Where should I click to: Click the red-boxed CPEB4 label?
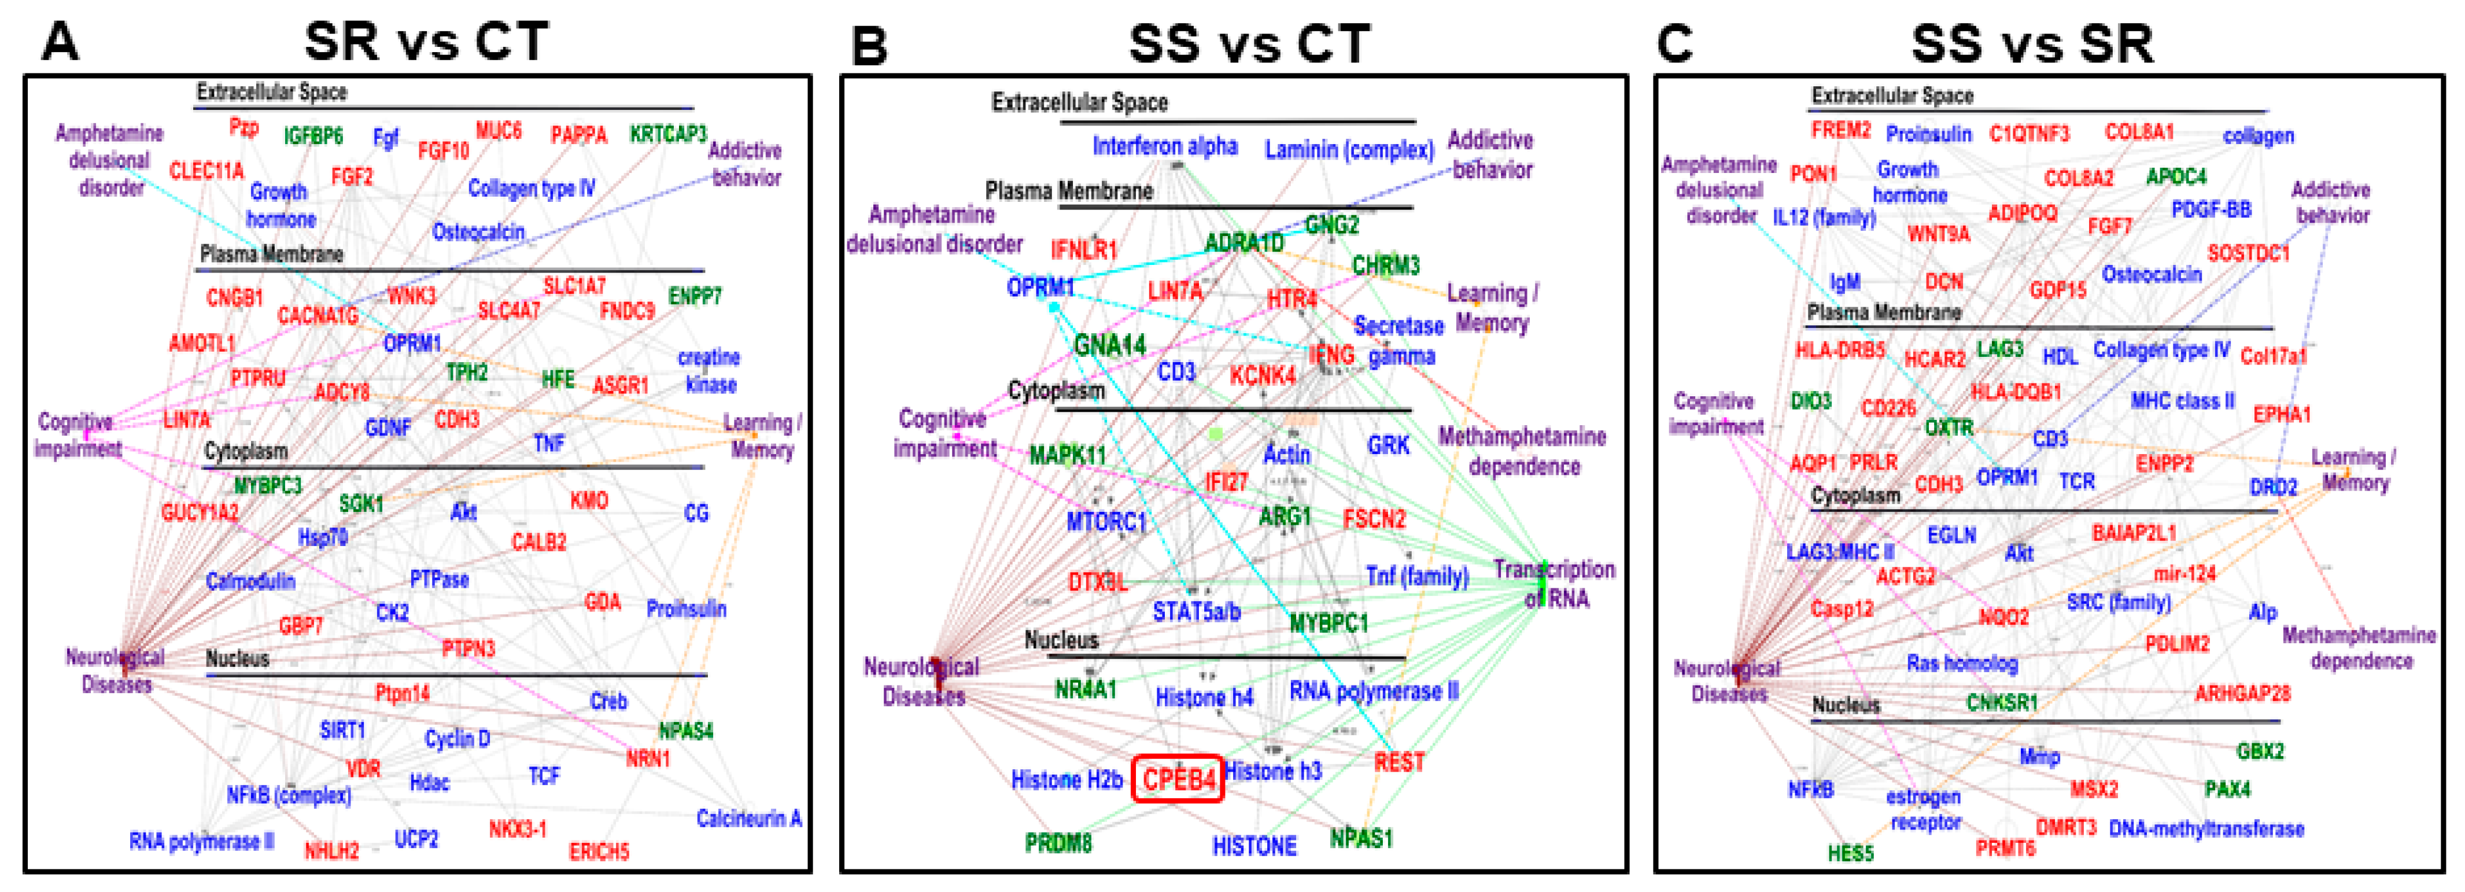pyautogui.click(x=1178, y=779)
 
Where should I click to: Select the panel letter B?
pyautogui.click(x=869, y=45)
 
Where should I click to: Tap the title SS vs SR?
pyautogui.click(x=2032, y=43)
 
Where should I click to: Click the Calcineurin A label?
pyautogui.click(x=748, y=819)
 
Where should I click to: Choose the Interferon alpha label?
pyautogui.click(x=1165, y=146)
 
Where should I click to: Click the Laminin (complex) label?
pyautogui.click(x=1349, y=149)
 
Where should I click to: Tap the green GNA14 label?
pyautogui.click(x=1110, y=345)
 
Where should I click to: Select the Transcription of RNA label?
pyautogui.click(x=1555, y=584)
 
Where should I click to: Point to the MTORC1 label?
pyautogui.click(x=1106, y=522)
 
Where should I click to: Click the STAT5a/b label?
pyautogui.click(x=1196, y=611)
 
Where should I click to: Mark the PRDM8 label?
pyautogui.click(x=1058, y=843)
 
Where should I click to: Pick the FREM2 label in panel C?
pyautogui.click(x=1840, y=129)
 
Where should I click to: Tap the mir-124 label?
pyautogui.click(x=2184, y=574)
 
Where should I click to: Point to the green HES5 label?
pyautogui.click(x=1850, y=852)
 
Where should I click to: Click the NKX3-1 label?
pyautogui.click(x=518, y=829)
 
